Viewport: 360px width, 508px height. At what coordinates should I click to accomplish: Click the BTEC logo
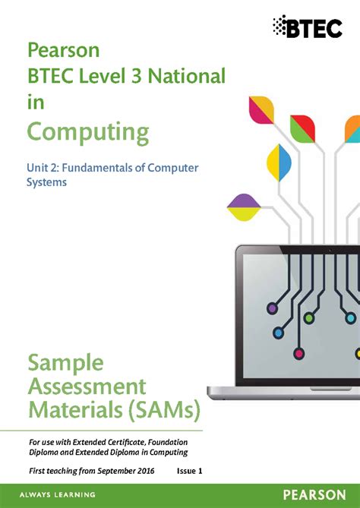point(311,27)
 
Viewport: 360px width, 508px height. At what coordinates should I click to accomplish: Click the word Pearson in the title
point(64,51)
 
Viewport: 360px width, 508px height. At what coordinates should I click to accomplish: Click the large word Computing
point(88,131)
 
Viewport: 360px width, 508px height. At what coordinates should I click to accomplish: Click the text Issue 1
point(189,472)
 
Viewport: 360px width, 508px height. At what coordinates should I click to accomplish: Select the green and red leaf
point(302,128)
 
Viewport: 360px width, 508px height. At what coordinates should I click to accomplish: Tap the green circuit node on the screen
point(308,318)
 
